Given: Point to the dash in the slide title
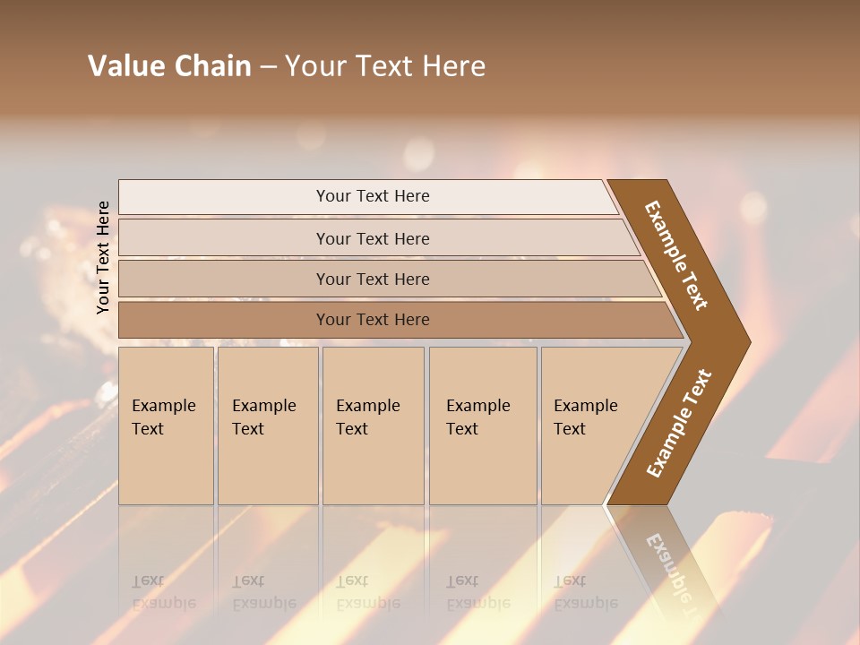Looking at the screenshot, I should (268, 67).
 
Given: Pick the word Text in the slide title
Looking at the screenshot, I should (385, 66).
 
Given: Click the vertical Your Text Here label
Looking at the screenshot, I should (103, 257).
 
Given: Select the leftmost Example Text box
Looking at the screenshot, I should (166, 426).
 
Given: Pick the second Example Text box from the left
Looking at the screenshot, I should (268, 426).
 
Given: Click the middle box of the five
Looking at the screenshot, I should (373, 426).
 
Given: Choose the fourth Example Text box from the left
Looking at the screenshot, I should (483, 426).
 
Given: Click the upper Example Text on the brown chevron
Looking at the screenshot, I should (676, 255).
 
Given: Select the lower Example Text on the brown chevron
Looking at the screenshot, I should (678, 424).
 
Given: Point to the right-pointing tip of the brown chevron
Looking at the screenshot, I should (745, 342).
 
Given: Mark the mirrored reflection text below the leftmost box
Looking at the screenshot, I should (163, 592).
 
